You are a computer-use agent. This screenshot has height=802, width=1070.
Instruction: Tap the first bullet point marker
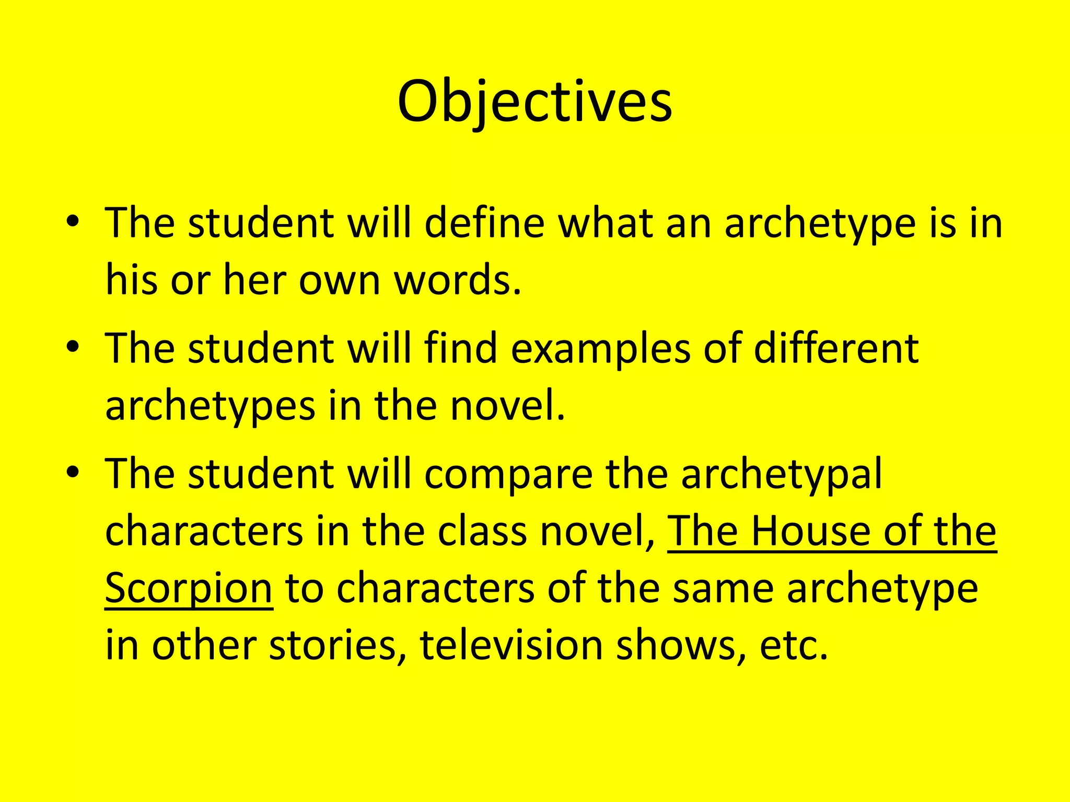click(x=73, y=221)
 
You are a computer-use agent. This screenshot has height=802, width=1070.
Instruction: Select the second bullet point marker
click(x=73, y=347)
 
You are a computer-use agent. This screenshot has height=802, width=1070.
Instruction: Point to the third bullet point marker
click(x=73, y=472)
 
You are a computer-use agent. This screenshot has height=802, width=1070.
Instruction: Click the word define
click(x=484, y=223)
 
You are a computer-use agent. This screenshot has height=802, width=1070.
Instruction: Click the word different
click(x=836, y=348)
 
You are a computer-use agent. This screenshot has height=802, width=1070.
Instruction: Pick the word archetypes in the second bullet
click(x=210, y=407)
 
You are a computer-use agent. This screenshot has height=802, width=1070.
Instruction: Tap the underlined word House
click(x=811, y=531)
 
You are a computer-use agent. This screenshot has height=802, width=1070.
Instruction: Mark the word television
click(x=511, y=646)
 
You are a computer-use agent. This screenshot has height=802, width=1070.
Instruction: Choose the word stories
click(x=338, y=646)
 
